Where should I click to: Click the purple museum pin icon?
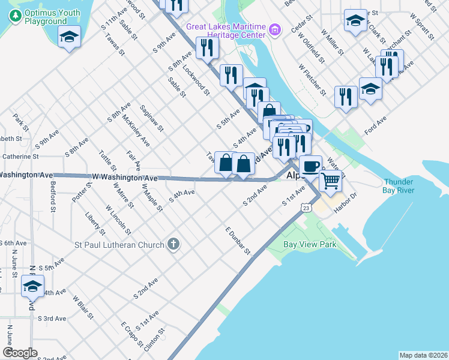[274, 29]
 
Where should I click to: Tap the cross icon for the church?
[173, 244]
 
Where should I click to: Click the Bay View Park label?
[309, 245]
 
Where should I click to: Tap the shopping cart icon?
[330, 180]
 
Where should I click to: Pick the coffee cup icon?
[310, 166]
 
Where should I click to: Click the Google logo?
[20, 353]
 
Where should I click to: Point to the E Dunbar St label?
[238, 241]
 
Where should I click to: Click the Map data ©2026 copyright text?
[423, 355]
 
